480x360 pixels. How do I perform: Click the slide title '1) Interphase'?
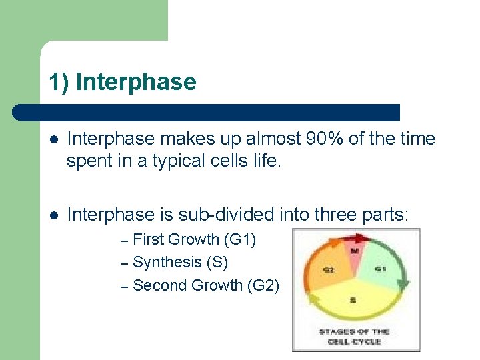pyautogui.click(x=123, y=83)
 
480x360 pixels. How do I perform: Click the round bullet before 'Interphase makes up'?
pyautogui.click(x=54, y=139)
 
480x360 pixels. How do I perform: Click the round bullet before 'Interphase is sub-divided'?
pyautogui.click(x=54, y=215)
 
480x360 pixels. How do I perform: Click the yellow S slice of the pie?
pyautogui.click(x=353, y=299)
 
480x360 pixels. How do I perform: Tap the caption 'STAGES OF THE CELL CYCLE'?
pyautogui.click(x=355, y=336)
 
